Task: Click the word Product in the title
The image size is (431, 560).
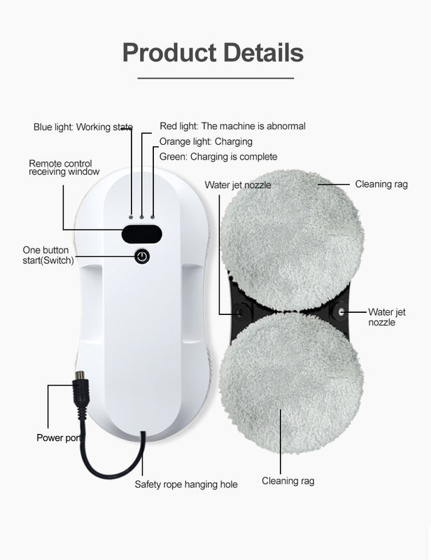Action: tap(169, 53)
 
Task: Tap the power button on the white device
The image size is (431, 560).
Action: tap(142, 256)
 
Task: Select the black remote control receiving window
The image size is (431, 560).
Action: tap(142, 234)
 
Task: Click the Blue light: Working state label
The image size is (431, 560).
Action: tap(83, 127)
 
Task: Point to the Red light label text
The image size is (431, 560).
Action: tap(232, 126)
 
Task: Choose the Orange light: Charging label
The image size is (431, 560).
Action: tap(206, 142)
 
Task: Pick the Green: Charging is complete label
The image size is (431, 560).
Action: tap(218, 157)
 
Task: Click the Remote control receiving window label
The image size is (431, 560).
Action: tap(64, 167)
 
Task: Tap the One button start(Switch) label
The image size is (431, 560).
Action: tap(48, 255)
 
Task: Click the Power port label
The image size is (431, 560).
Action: tap(59, 437)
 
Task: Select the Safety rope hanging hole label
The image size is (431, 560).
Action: tap(186, 484)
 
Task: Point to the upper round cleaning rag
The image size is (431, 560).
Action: tap(292, 240)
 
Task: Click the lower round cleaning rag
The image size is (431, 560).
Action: tap(291, 383)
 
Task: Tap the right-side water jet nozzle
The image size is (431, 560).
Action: tap(341, 311)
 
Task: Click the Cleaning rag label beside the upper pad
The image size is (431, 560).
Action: tap(381, 184)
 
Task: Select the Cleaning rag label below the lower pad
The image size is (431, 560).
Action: tap(288, 481)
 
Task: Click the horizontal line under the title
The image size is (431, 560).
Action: tap(215, 78)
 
